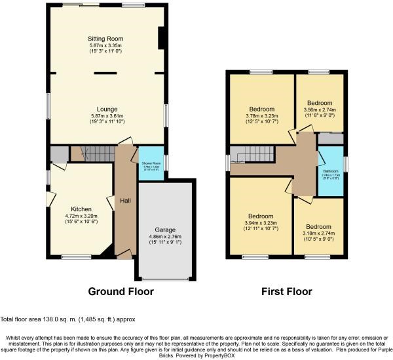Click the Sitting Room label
[x=105, y=39]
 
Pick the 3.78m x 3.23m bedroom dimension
[x=261, y=115]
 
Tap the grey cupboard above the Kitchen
[x=58, y=154]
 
